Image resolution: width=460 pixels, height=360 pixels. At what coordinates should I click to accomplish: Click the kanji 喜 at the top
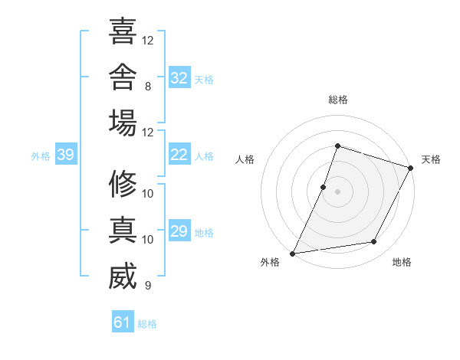pyautogui.click(x=123, y=31)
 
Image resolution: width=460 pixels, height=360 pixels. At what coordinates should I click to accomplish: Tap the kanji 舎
pyautogui.click(x=123, y=77)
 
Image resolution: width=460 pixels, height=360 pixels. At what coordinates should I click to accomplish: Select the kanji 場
pyautogui.click(x=123, y=123)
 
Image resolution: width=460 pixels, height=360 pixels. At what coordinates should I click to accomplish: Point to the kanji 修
pyautogui.click(x=123, y=184)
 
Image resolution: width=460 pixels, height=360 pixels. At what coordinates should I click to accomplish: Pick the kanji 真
pyautogui.click(x=123, y=230)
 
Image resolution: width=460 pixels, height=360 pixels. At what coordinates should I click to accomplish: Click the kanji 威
pyautogui.click(x=123, y=276)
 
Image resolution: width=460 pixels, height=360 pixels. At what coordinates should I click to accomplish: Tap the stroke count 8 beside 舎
pyautogui.click(x=148, y=87)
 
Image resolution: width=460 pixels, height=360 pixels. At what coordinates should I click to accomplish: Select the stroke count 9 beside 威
pyautogui.click(x=148, y=285)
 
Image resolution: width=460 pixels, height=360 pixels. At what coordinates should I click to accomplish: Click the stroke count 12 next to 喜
pyautogui.click(x=147, y=41)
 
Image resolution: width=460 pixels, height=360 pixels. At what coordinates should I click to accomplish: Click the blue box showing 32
pyautogui.click(x=179, y=77)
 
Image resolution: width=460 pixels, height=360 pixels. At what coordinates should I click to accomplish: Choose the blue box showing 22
pyautogui.click(x=179, y=154)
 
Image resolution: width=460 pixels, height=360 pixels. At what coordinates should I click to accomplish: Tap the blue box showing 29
pyautogui.click(x=179, y=230)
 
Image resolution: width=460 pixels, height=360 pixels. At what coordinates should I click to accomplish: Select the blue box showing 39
pyautogui.click(x=66, y=154)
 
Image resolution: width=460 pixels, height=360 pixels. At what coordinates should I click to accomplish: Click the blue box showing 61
pyautogui.click(x=123, y=321)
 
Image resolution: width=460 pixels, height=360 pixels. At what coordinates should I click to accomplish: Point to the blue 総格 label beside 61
pyautogui.click(x=147, y=324)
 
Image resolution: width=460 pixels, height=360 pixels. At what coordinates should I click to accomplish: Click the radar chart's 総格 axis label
pyautogui.click(x=338, y=100)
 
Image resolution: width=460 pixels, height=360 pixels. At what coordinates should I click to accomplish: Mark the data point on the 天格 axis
pyautogui.click(x=411, y=168)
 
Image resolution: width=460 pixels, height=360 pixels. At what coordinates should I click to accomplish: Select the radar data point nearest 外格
pyautogui.click(x=292, y=254)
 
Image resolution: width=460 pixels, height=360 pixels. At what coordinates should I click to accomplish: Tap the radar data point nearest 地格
pyautogui.click(x=374, y=241)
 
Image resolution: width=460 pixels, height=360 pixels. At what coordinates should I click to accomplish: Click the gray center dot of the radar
pyautogui.click(x=337, y=191)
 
